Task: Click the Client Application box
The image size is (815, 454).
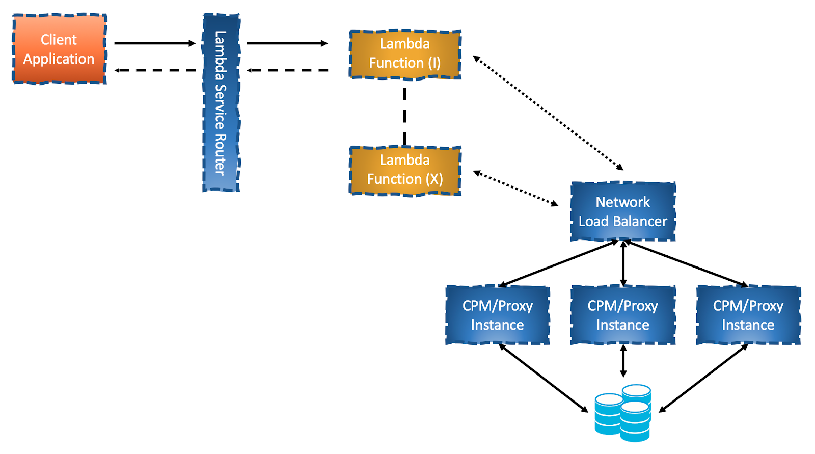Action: point(59,49)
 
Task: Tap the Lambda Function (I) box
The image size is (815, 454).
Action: point(405,54)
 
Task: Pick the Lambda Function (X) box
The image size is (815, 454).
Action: point(405,170)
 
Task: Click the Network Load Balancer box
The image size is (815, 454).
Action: point(622,211)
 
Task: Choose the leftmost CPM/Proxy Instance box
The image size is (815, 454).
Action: point(497,315)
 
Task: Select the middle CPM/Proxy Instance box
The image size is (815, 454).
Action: point(622,315)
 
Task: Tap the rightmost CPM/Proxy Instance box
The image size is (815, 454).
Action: point(748,315)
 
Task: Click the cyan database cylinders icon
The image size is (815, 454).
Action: point(623,413)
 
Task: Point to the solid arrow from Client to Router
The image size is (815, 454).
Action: point(154,43)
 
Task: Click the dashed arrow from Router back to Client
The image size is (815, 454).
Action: point(154,70)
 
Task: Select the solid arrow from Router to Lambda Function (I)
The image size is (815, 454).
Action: point(287,43)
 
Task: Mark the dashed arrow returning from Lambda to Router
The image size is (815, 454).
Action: point(287,70)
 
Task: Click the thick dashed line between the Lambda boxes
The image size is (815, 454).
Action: point(404,116)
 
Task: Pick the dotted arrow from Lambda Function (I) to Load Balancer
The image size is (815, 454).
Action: point(548,113)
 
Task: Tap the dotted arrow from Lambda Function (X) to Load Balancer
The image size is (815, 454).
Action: point(515,189)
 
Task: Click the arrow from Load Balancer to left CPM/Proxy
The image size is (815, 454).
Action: point(558,263)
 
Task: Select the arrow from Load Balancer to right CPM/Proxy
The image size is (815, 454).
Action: point(688,263)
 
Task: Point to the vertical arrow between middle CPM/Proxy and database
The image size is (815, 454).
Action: point(623,361)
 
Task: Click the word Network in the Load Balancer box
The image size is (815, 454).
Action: point(622,202)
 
